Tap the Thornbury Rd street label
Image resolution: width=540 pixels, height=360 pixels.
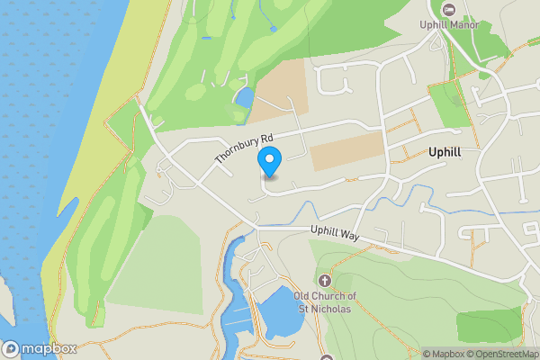[x=243, y=149]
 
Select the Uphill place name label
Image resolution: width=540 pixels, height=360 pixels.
[x=445, y=152]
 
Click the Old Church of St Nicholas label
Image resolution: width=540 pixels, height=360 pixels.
[x=327, y=303]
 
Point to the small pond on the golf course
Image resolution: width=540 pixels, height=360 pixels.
[x=243, y=95]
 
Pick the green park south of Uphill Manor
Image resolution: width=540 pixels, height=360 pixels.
[x=450, y=103]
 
